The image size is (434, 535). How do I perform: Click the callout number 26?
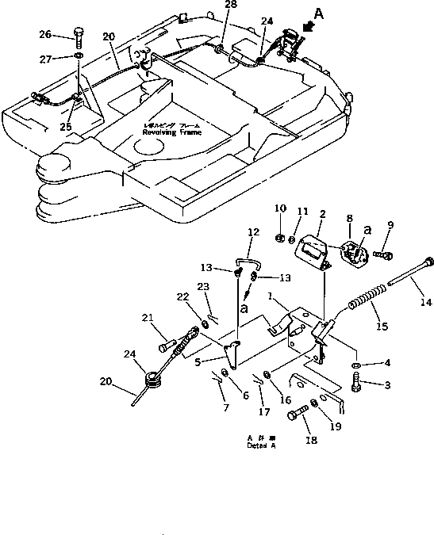coord(44,34)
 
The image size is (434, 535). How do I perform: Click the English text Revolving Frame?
coord(173,132)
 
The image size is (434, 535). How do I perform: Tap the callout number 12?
coord(253,232)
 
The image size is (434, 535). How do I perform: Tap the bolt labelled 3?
coord(356,384)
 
